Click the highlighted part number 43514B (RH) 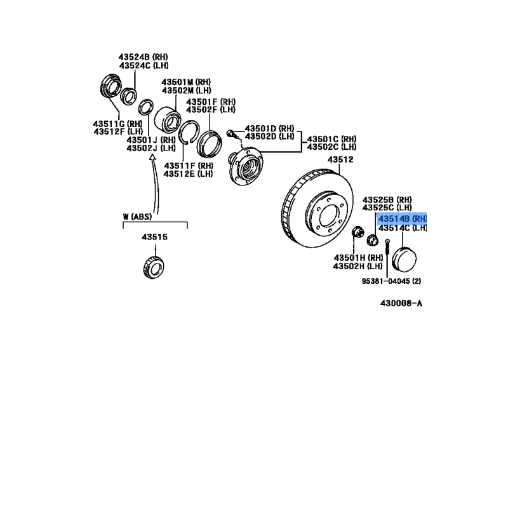point(403,218)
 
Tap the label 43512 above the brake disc point(340,159)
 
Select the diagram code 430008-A point(401,304)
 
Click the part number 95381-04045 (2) point(391,281)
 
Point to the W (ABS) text point(137,217)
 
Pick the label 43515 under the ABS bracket point(155,237)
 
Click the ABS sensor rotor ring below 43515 point(154,267)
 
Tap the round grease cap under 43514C point(404,260)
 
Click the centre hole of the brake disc point(329,216)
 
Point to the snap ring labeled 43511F point(189,132)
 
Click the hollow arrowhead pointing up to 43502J point(152,157)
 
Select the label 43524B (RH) point(144,57)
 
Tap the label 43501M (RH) point(186,82)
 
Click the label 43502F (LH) point(211,110)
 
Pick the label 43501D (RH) point(269,128)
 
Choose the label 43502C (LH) point(331,147)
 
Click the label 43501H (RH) point(359,258)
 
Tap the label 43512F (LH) point(118,131)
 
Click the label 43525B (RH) point(387,199)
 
